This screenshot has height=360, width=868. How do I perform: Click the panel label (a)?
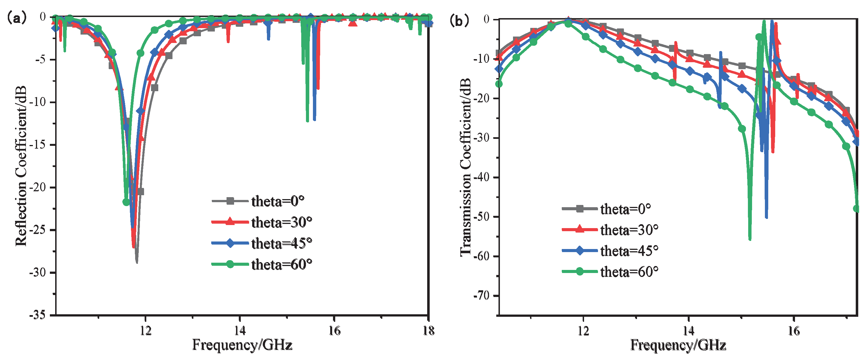(x=16, y=18)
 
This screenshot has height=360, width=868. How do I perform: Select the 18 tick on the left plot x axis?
(x=428, y=331)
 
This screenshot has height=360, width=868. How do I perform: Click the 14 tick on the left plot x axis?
(x=240, y=331)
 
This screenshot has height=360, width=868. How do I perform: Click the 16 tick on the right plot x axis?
(x=794, y=331)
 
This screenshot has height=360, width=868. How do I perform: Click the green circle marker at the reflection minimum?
(x=126, y=202)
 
